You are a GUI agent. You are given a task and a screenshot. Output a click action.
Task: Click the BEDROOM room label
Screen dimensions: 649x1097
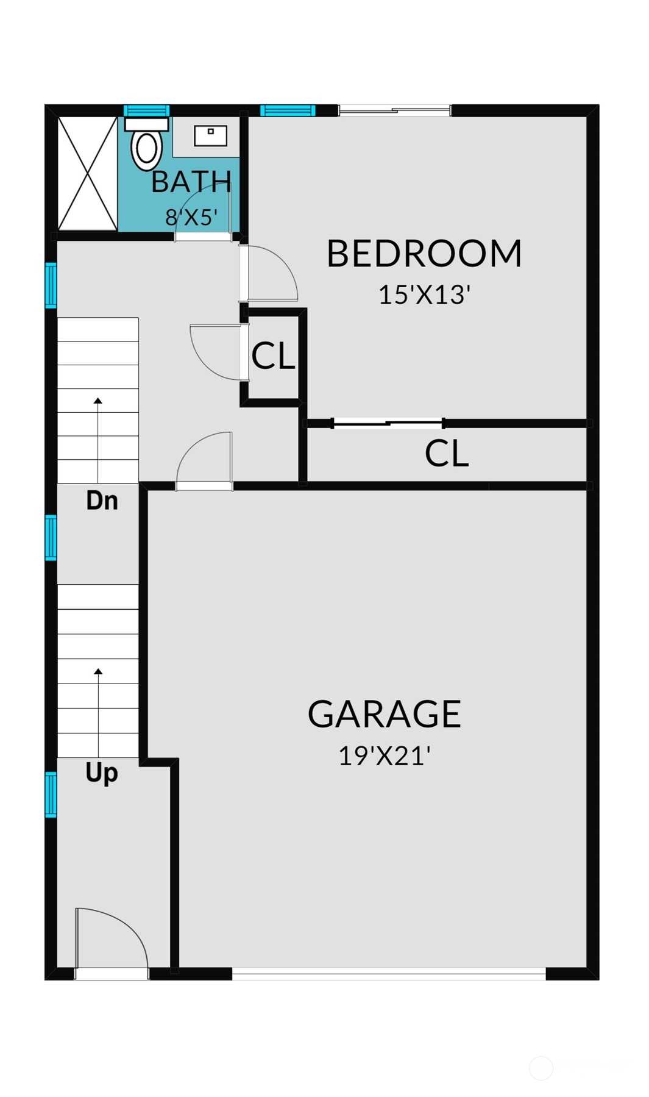click(424, 254)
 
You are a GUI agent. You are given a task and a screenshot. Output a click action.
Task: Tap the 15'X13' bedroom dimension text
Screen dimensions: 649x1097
click(424, 295)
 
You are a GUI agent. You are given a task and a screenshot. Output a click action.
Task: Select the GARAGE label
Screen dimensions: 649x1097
click(384, 714)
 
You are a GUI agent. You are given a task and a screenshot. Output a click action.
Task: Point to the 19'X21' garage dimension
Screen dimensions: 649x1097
click(384, 756)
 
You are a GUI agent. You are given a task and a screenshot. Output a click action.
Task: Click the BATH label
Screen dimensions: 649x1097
click(191, 182)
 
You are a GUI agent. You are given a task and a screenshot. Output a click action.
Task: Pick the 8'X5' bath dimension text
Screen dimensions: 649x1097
click(191, 217)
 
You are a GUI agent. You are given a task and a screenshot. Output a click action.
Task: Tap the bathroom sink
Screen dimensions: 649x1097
click(210, 135)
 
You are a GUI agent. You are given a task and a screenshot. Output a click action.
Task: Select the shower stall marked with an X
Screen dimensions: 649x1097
click(87, 174)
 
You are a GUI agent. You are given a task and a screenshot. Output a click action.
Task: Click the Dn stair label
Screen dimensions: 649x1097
click(102, 501)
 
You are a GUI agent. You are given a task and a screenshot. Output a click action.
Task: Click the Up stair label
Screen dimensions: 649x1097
click(101, 773)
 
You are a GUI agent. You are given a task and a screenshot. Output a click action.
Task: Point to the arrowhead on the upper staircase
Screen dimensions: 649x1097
click(98, 401)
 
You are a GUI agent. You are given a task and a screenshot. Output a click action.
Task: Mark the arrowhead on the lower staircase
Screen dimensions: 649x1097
click(98, 671)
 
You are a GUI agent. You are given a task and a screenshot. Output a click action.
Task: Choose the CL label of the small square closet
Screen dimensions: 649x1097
click(273, 356)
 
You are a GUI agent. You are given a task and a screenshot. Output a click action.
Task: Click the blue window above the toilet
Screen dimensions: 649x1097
click(146, 110)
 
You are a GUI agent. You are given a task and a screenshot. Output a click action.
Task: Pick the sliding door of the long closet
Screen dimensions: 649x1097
click(388, 423)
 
